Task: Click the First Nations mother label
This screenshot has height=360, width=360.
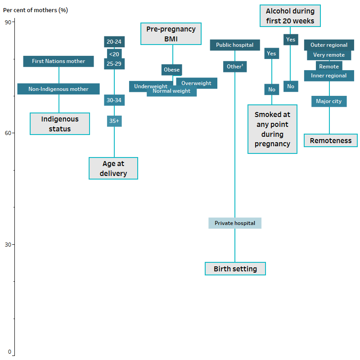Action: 58,61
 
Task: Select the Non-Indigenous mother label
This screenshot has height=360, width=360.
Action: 58,89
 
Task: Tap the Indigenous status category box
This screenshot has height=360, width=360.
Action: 60,124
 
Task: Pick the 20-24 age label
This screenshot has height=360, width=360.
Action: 114,42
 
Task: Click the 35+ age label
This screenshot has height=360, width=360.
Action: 114,121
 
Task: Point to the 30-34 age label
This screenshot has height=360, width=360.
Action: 114,100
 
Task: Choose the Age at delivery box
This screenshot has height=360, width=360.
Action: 113,169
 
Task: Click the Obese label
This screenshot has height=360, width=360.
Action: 171,70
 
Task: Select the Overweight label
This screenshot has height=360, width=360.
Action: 196,83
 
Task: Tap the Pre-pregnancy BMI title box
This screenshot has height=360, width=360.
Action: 171,34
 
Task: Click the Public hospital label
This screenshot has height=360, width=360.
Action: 234,45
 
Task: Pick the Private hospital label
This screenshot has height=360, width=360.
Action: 234,223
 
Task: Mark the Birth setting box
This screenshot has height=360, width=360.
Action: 235,269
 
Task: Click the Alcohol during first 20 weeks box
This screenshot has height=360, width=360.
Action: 290,16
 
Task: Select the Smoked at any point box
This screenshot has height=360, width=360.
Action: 272,129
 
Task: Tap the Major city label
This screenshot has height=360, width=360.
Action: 328,101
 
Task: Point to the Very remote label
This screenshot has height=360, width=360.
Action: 329,55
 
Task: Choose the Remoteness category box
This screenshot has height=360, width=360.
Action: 330,141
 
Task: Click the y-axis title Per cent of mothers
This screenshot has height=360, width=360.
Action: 36,10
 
